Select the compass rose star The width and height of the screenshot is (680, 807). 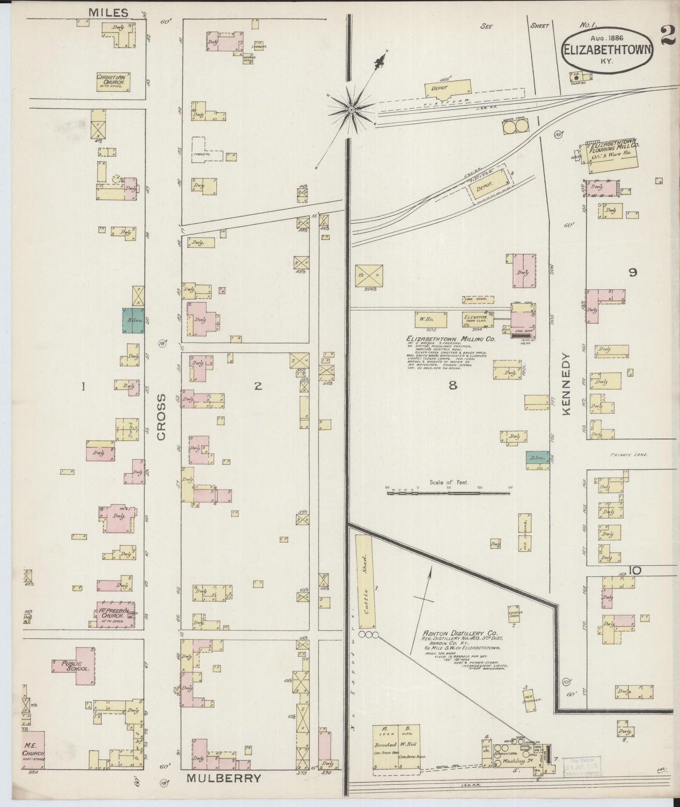(351, 110)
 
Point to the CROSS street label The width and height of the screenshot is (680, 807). (162, 417)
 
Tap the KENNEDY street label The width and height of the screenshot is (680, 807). (566, 384)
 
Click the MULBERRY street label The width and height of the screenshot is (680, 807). (224, 778)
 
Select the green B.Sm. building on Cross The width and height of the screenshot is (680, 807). (133, 321)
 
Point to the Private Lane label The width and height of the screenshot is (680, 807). (628, 455)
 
